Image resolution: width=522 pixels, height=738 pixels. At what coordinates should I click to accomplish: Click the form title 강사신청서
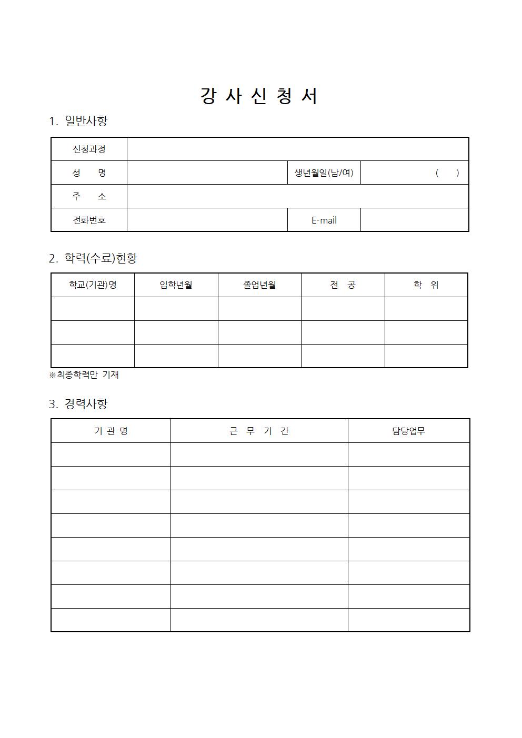coord(259,96)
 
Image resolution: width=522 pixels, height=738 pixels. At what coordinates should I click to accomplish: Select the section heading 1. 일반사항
coord(78,121)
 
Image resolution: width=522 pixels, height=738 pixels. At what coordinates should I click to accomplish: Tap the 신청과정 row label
coord(89,149)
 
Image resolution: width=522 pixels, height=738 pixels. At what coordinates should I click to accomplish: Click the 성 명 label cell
coord(89,173)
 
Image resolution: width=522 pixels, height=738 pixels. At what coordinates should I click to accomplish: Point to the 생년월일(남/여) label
coord(324,173)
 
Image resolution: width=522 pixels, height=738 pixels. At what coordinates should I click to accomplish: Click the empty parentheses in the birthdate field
coord(447,173)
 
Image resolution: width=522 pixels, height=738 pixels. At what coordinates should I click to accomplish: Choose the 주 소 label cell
coord(89,196)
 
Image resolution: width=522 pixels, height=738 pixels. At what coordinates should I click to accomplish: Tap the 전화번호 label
coord(89,220)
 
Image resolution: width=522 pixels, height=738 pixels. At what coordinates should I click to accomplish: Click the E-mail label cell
coord(324,220)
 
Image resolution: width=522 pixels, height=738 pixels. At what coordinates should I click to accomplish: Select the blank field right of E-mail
coord(414,220)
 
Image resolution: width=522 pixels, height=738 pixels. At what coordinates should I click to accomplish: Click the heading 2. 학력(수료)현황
coord(93,258)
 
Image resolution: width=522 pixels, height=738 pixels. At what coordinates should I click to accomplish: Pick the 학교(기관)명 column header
coord(93,285)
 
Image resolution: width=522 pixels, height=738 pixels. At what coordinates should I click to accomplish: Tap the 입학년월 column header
coord(176,285)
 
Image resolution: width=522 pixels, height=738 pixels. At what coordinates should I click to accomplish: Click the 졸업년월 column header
coord(259,285)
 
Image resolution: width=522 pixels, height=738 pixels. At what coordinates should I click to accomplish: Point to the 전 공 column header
coord(343,285)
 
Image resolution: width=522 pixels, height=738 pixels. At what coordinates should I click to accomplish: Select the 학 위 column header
coord(426,285)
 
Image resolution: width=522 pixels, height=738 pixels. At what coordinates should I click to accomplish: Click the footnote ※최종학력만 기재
coord(84,375)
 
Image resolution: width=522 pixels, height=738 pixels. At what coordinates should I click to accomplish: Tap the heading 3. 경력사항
coord(78,404)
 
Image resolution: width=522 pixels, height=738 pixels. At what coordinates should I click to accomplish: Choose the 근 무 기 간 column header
coord(259,431)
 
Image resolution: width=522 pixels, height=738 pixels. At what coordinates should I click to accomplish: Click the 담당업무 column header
coord(408,431)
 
